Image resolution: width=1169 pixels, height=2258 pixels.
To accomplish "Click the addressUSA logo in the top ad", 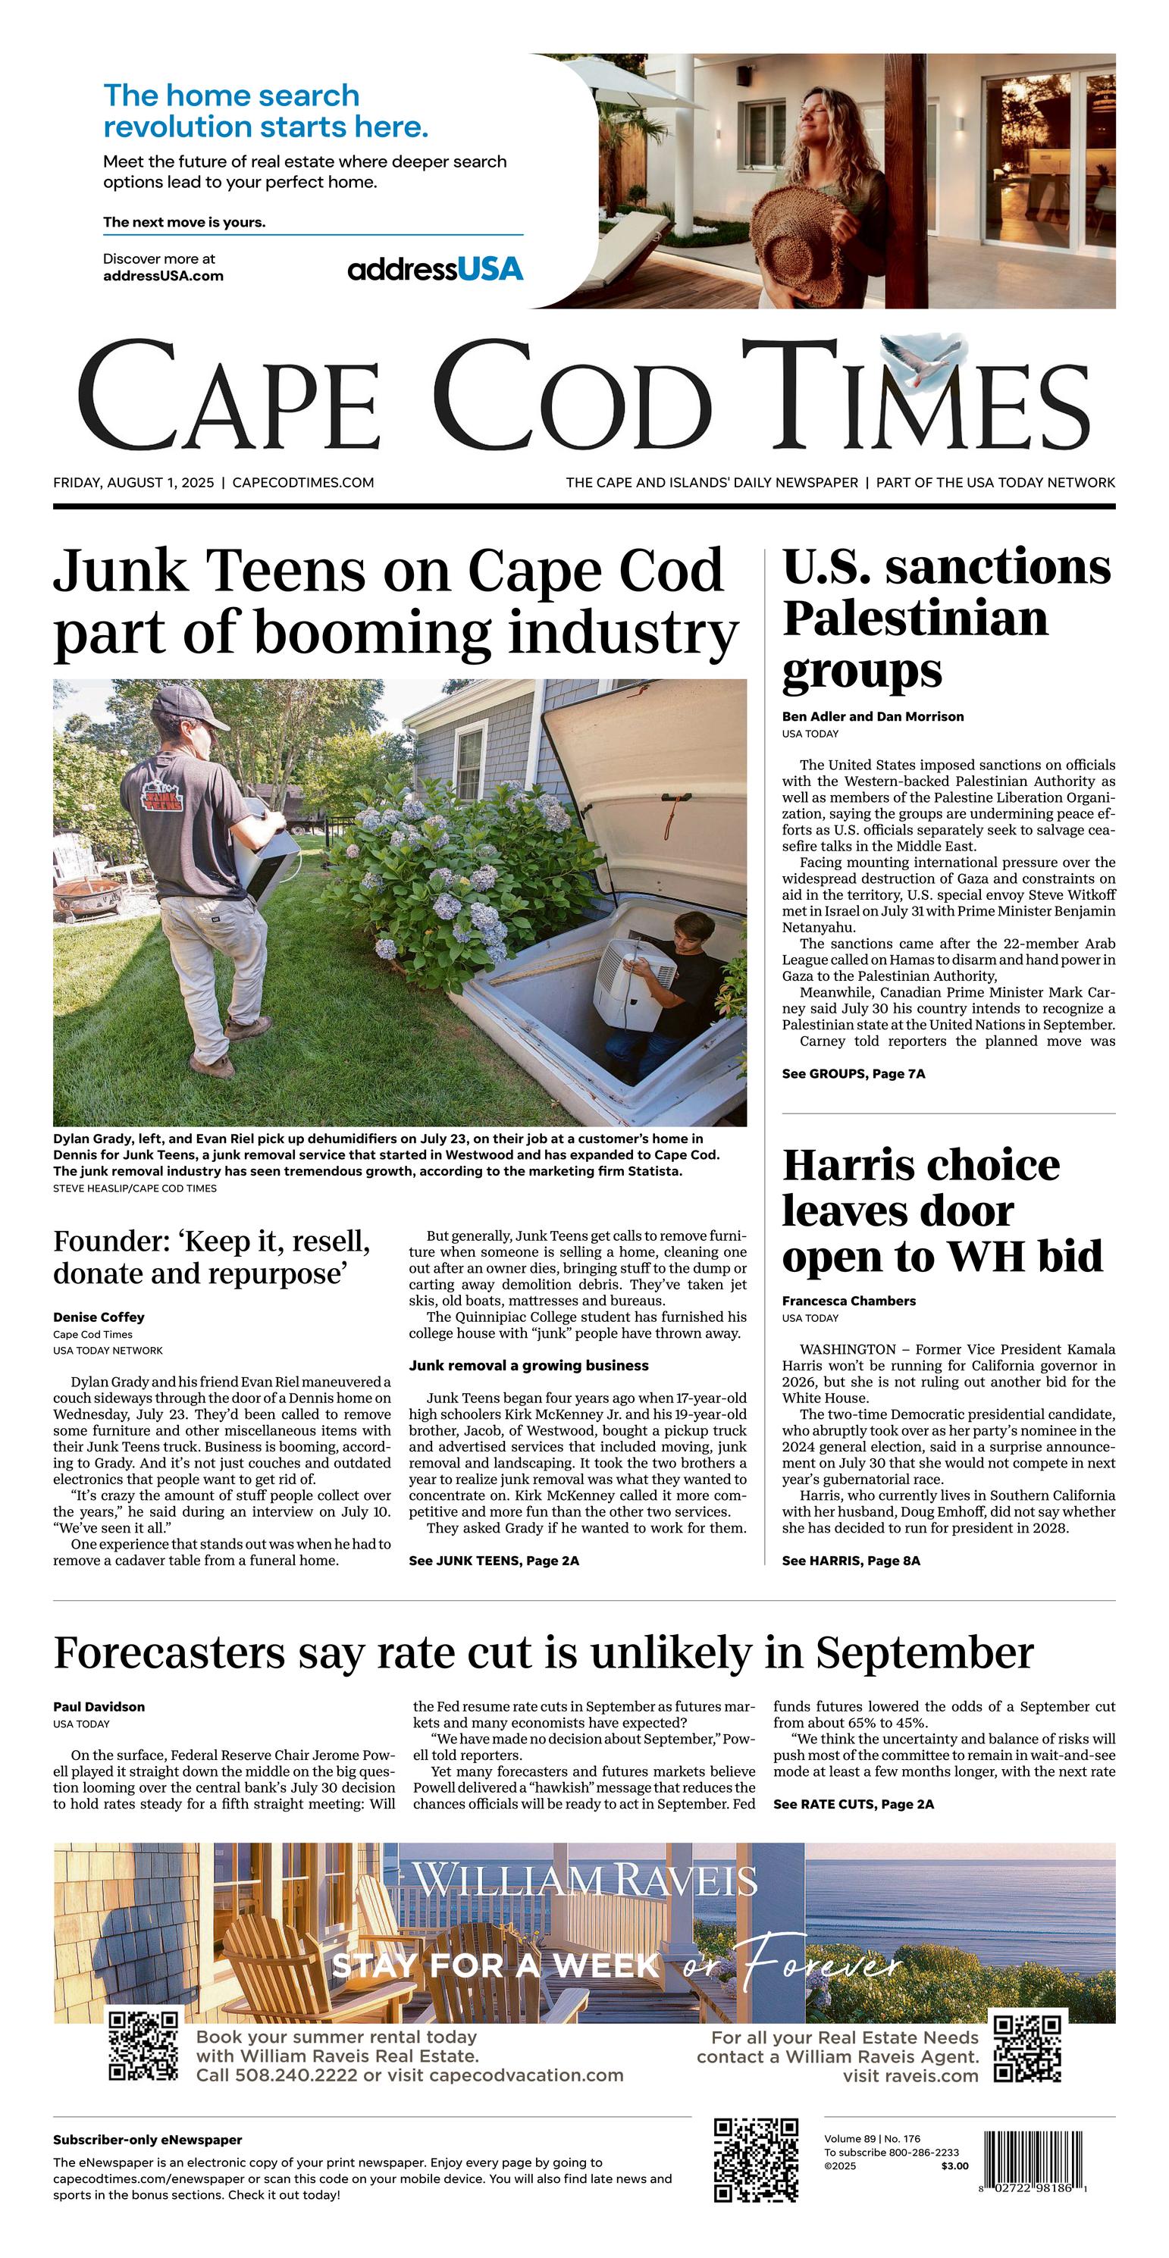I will [x=435, y=269].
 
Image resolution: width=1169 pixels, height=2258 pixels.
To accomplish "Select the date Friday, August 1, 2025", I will [x=133, y=482].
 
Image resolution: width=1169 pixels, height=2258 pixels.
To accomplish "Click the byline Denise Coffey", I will [x=99, y=1317].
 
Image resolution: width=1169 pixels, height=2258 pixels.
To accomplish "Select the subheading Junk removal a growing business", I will [x=529, y=1365].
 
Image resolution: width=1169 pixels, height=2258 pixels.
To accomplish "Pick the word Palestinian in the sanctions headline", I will [x=915, y=618].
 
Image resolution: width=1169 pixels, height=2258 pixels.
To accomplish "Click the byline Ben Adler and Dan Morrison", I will [x=873, y=716].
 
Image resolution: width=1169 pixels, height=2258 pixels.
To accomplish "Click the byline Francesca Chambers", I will [x=849, y=1301].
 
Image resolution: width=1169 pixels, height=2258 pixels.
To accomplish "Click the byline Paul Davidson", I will [x=99, y=1707].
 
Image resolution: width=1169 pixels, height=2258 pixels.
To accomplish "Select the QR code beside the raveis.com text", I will [x=1027, y=2049].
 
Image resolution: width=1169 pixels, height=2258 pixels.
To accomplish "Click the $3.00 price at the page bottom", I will [x=955, y=2166].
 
